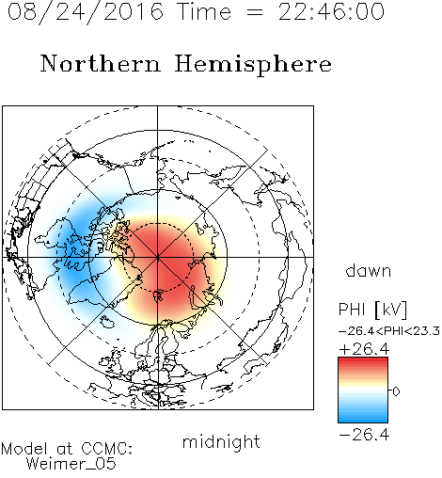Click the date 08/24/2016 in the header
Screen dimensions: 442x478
click(x=86, y=12)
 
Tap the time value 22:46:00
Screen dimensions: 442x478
click(x=331, y=11)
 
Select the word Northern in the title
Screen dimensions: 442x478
click(x=101, y=63)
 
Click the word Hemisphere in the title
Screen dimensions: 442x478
click(x=253, y=64)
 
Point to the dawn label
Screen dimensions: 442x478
click(x=369, y=270)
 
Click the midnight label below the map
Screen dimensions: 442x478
click(x=221, y=442)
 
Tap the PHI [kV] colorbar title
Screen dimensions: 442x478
click(x=372, y=310)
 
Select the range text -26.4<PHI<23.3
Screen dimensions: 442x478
click(x=389, y=331)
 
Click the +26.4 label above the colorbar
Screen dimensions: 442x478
click(x=364, y=349)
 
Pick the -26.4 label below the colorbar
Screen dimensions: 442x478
click(x=364, y=435)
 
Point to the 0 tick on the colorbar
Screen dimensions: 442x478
click(x=396, y=391)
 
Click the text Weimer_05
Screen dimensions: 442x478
click(x=71, y=464)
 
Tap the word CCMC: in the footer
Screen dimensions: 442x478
click(x=106, y=449)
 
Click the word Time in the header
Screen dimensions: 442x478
click(x=204, y=11)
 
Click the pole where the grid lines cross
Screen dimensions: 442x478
click(x=158, y=257)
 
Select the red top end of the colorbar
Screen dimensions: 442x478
click(x=363, y=359)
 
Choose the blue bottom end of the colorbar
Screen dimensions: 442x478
click(x=363, y=420)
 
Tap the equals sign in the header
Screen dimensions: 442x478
click(x=255, y=12)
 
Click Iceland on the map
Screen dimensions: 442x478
click(x=106, y=321)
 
